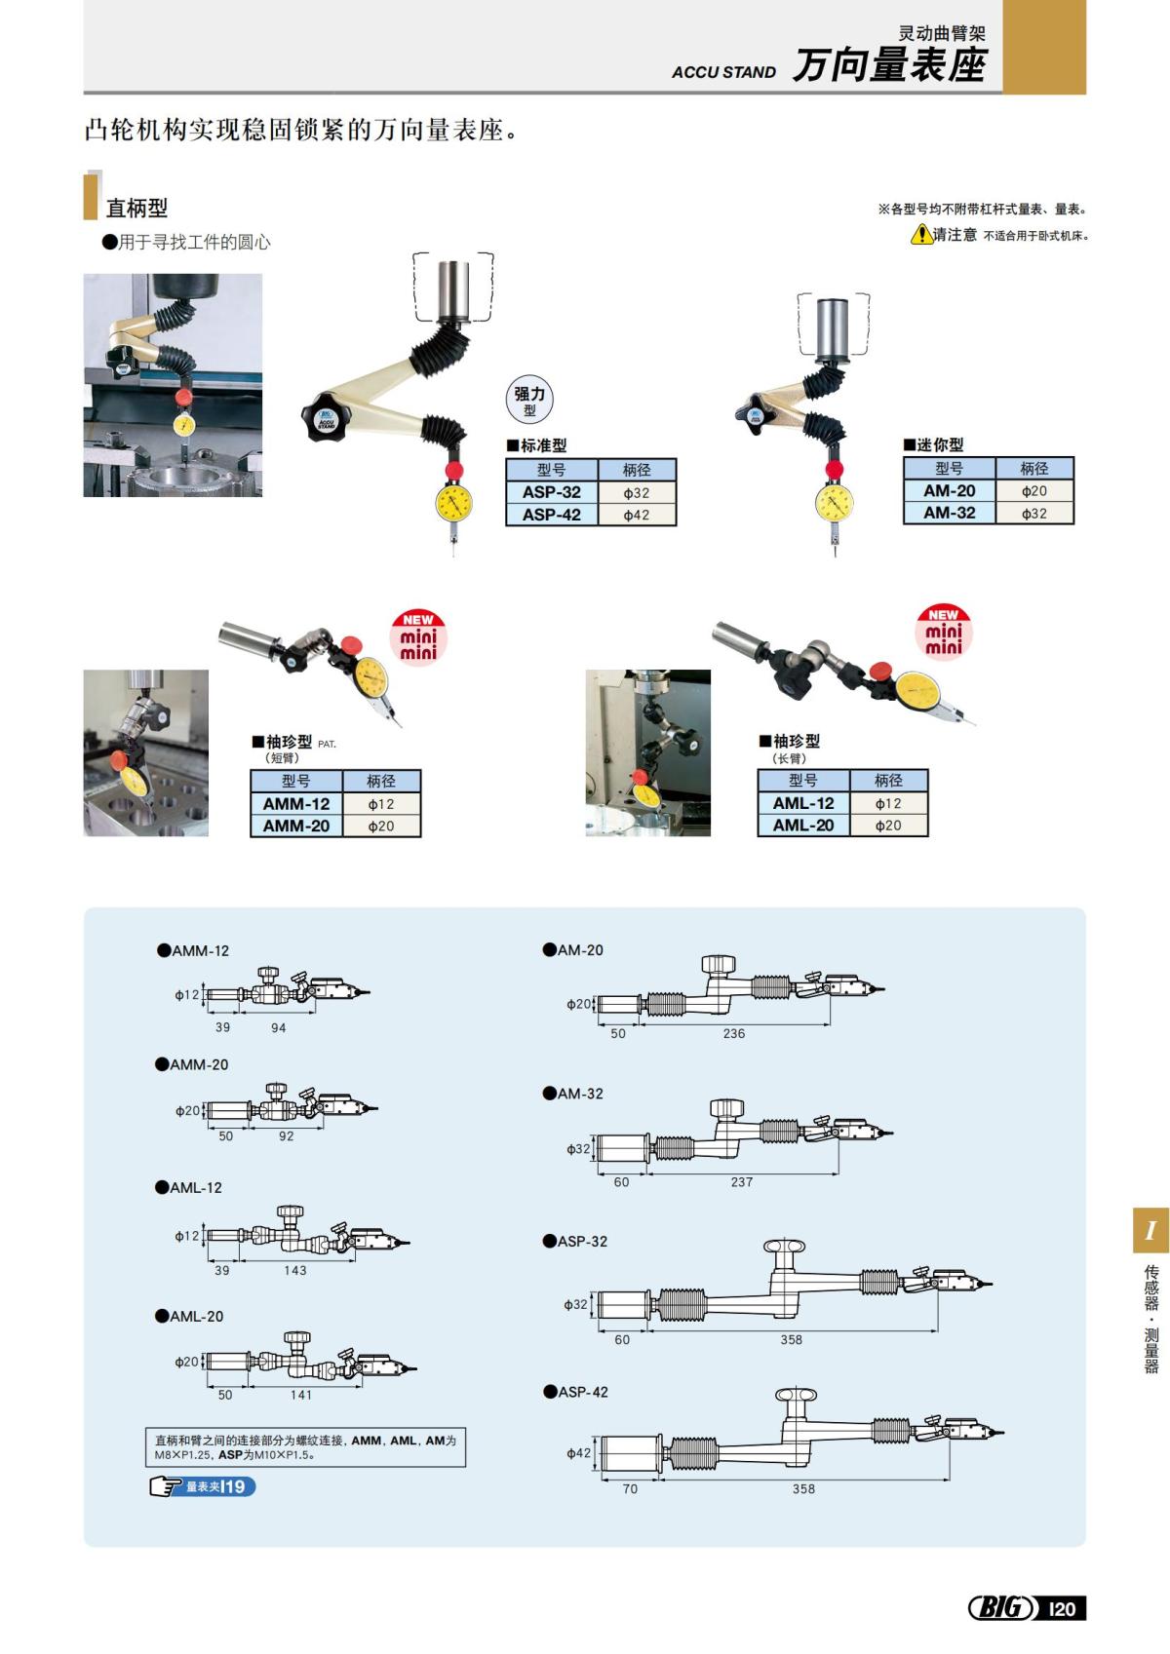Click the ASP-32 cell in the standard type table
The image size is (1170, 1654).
click(551, 492)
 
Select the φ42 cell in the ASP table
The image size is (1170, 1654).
click(636, 515)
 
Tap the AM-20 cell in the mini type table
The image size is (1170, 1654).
click(949, 491)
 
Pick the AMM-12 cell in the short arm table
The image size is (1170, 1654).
click(296, 804)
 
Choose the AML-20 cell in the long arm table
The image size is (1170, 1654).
click(803, 826)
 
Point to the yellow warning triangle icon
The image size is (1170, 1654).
click(920, 235)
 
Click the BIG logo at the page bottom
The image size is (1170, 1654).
click(1002, 1608)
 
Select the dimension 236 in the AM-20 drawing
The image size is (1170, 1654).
click(734, 1033)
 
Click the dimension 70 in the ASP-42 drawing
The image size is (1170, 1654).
click(630, 1488)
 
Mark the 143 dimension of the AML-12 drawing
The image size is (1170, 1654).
click(294, 1270)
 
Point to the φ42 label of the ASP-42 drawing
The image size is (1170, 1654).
click(578, 1452)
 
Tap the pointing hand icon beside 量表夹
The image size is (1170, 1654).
click(166, 1486)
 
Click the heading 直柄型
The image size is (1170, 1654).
click(136, 208)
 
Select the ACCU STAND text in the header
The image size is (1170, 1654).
click(723, 72)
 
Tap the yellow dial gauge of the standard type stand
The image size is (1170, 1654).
click(454, 504)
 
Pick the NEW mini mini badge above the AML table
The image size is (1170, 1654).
click(943, 631)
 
